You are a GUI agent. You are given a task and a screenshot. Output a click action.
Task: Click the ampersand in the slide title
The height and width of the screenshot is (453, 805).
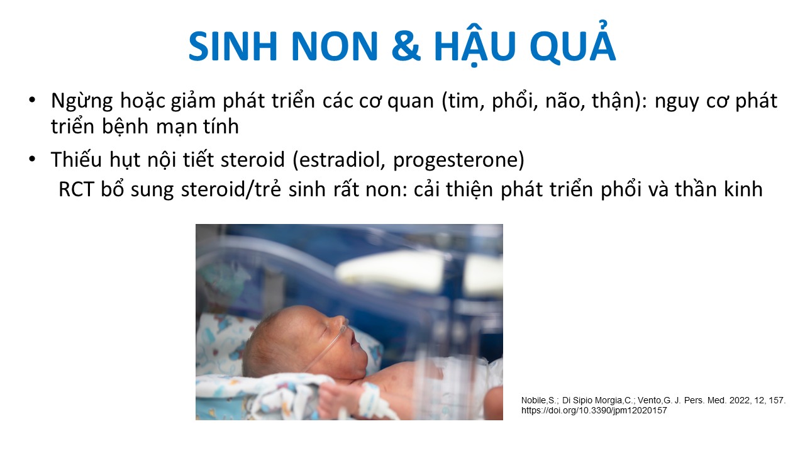(406, 47)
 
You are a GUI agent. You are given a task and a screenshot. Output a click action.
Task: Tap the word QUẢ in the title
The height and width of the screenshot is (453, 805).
(573, 44)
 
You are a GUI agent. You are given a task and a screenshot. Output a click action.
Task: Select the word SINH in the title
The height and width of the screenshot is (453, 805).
(233, 47)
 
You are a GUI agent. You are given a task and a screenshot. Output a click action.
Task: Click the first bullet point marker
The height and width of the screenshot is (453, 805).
(32, 99)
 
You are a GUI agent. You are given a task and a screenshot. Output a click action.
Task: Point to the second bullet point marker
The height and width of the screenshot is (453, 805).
(32, 159)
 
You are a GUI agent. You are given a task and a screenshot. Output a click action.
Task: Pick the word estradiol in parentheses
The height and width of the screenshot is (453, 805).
(339, 159)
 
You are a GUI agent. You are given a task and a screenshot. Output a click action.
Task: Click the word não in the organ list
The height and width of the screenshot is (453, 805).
(561, 101)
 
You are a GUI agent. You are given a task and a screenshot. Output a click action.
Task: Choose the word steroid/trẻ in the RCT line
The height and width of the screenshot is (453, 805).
(231, 189)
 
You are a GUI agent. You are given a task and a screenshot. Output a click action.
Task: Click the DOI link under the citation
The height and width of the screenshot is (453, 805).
(594, 411)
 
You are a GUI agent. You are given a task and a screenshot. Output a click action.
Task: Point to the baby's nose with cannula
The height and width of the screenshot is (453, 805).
(342, 322)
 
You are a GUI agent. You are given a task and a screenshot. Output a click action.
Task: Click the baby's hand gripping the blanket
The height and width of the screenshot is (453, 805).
(334, 398)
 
